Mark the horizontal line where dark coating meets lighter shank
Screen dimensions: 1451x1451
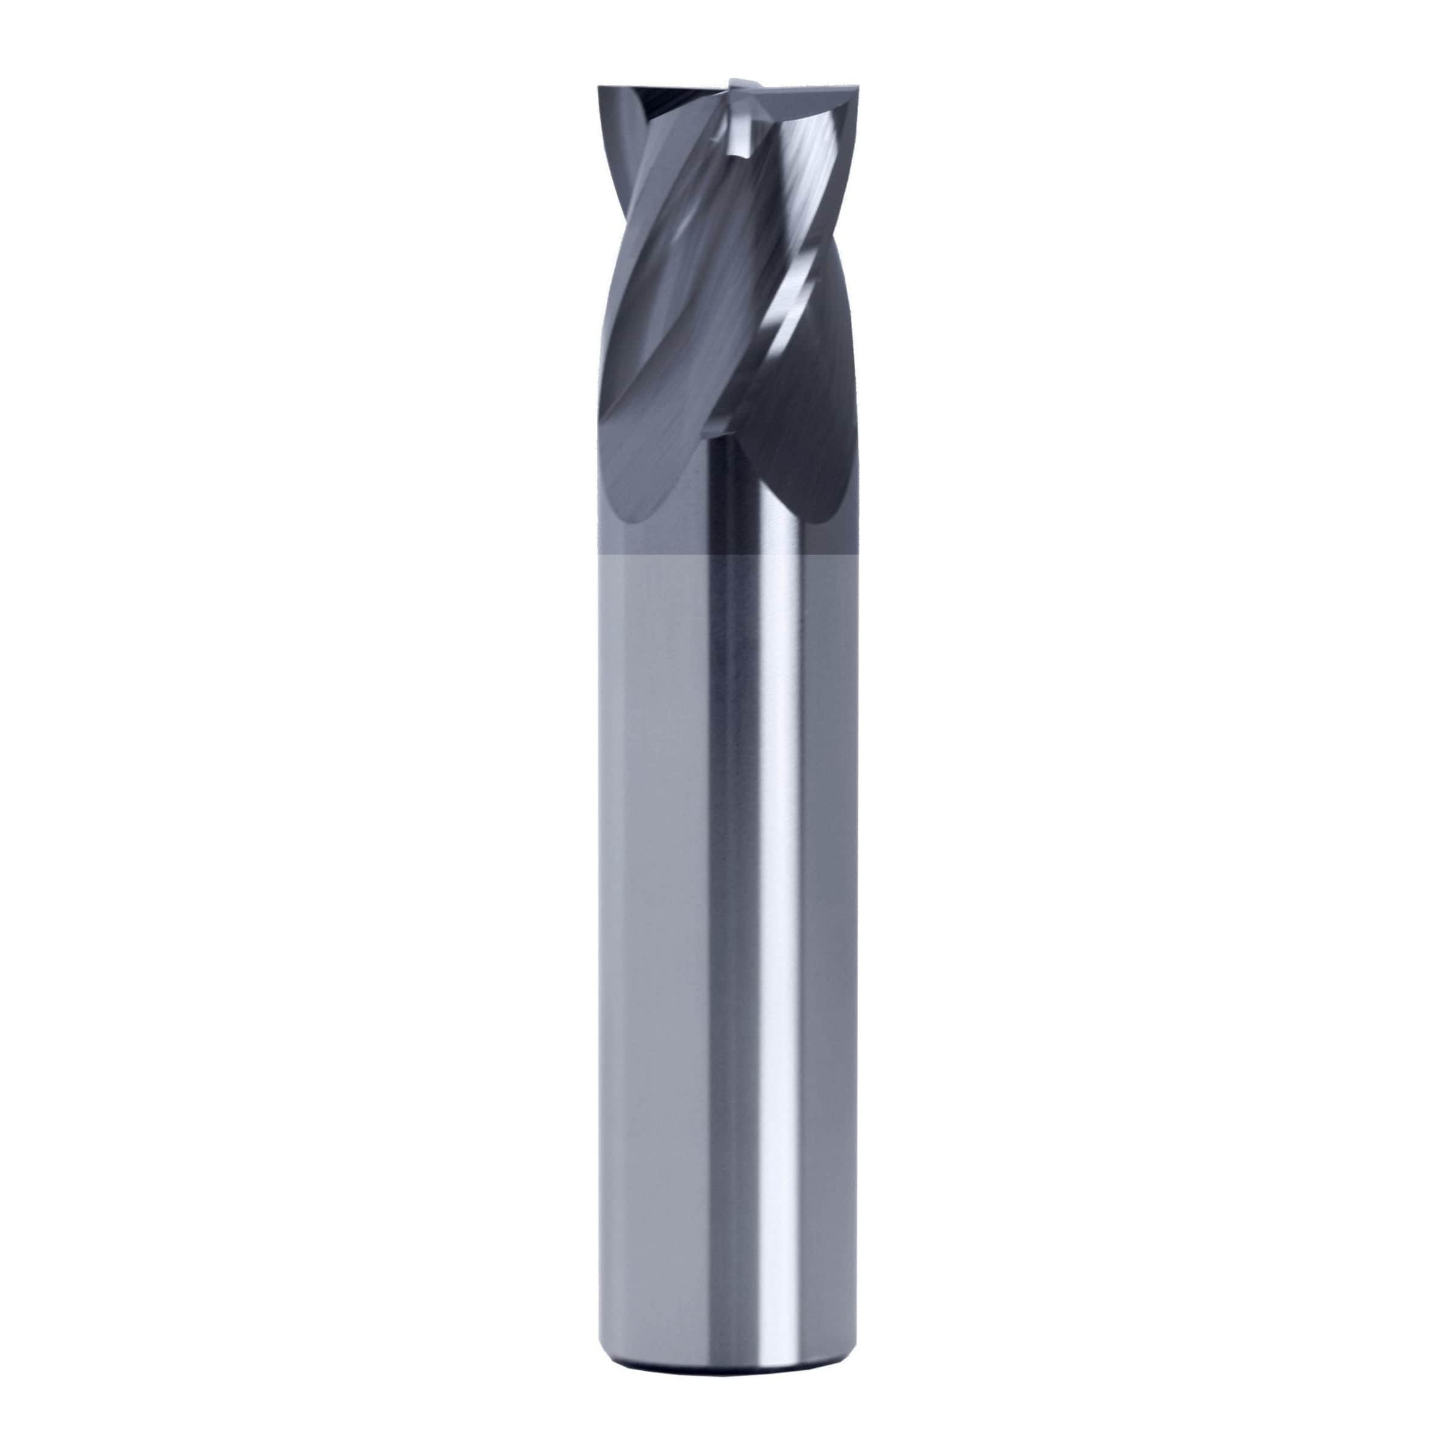coord(725,555)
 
